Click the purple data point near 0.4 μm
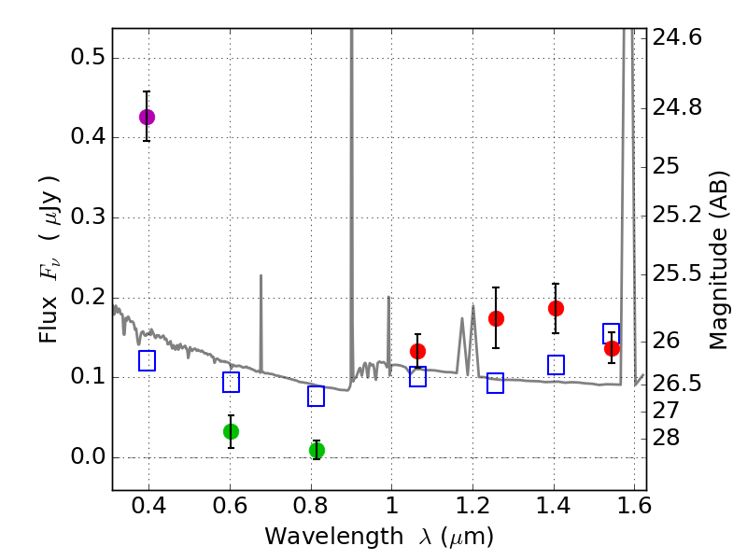(x=147, y=117)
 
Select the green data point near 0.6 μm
(x=231, y=431)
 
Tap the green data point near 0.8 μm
(x=317, y=450)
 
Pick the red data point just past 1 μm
(x=417, y=351)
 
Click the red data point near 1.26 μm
(x=496, y=318)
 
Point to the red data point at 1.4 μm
(x=556, y=308)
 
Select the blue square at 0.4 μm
(x=147, y=360)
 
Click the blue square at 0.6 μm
(x=231, y=382)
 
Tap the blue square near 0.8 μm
(x=316, y=396)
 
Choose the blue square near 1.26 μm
(x=495, y=383)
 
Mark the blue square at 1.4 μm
(x=556, y=365)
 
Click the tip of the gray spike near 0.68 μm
(x=261, y=275)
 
